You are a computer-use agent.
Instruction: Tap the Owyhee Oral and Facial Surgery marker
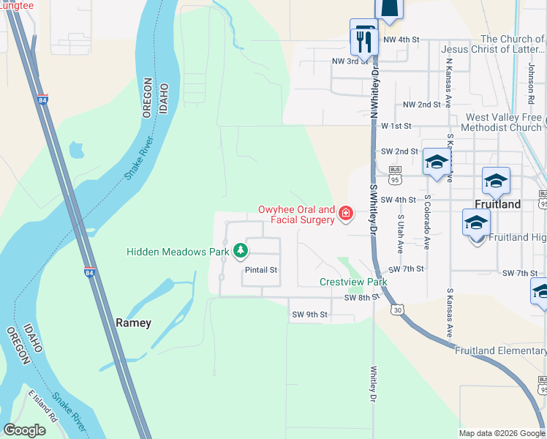click(x=345, y=215)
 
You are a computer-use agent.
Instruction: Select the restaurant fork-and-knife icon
click(x=363, y=38)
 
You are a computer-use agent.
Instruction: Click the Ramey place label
click(x=134, y=323)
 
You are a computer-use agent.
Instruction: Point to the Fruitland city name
click(x=497, y=204)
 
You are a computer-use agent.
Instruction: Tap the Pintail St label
click(x=261, y=270)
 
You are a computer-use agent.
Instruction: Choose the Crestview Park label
click(x=352, y=282)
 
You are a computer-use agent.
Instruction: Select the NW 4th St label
click(x=401, y=39)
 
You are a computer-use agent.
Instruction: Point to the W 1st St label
click(x=398, y=126)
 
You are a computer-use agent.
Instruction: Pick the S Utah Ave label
click(x=400, y=233)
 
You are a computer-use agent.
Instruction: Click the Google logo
click(x=25, y=430)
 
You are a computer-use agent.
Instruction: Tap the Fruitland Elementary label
click(x=500, y=351)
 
